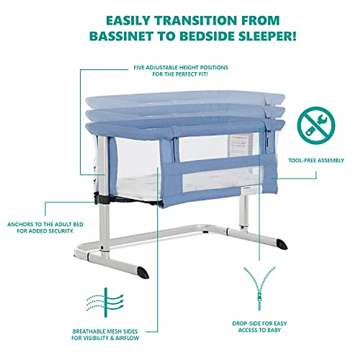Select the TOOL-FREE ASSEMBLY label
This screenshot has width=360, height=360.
tap(316, 160)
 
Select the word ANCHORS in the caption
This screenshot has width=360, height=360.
tap(19, 224)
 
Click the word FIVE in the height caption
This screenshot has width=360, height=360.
tap(139, 67)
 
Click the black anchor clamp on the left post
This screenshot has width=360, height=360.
tap(100, 198)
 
